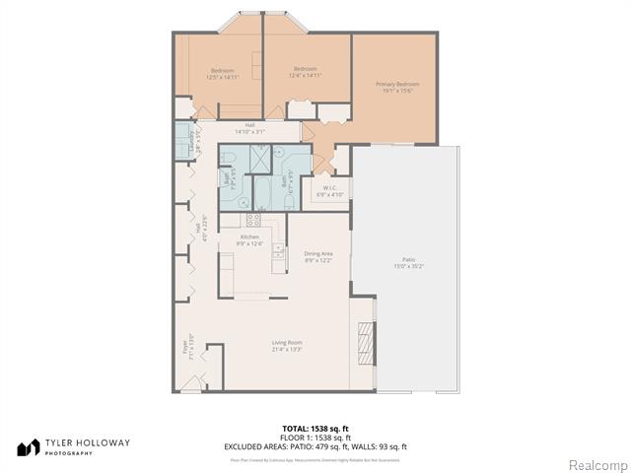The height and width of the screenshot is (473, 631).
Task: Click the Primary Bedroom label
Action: coord(396,85)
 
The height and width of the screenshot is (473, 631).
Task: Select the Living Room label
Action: coord(287,343)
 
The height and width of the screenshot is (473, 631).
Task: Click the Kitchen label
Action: coord(249,237)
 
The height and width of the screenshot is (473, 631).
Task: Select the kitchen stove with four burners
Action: coord(252,220)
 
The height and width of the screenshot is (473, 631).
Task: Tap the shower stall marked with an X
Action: coord(259,158)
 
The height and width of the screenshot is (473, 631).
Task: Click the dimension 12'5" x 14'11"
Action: coord(222,77)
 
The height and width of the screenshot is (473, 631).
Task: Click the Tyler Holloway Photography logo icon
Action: coord(26,447)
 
